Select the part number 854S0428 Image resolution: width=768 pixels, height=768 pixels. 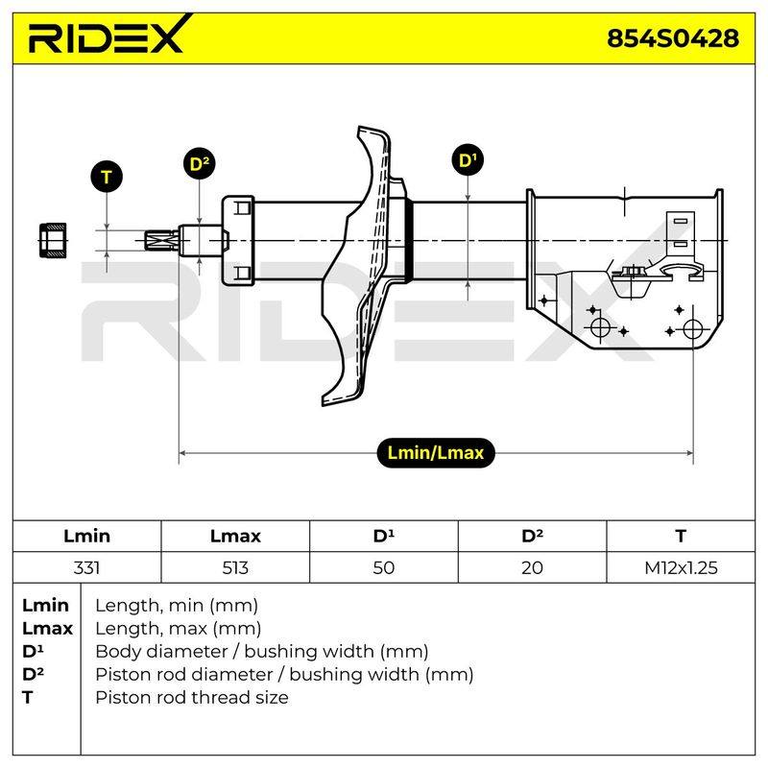point(673,38)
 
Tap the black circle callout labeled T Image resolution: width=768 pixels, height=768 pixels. point(107,177)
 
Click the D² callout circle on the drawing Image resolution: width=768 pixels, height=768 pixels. point(199,163)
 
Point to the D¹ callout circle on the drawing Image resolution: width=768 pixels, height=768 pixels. point(468,159)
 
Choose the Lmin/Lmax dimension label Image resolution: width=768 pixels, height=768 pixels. point(436,452)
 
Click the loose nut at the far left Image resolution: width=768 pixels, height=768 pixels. point(53,240)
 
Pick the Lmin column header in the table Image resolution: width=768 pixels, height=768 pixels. point(86,536)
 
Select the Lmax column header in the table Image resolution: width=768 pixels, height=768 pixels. point(235,536)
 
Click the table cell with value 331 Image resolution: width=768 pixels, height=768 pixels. point(86,567)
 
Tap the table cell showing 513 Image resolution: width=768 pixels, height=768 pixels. point(235,567)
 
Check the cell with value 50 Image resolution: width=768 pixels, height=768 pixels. point(383,567)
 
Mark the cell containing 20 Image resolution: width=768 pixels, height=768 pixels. point(532,567)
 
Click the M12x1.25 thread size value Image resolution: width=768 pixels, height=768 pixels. point(681,567)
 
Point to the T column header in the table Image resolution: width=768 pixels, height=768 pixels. point(681,536)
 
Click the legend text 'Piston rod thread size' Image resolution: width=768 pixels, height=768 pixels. point(191,697)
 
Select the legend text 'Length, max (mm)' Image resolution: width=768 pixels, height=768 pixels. point(178,628)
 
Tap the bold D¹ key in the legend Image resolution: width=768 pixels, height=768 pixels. point(33,651)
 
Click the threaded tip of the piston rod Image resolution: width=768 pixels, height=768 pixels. point(161,241)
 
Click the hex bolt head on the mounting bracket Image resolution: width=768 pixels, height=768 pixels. point(632,272)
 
